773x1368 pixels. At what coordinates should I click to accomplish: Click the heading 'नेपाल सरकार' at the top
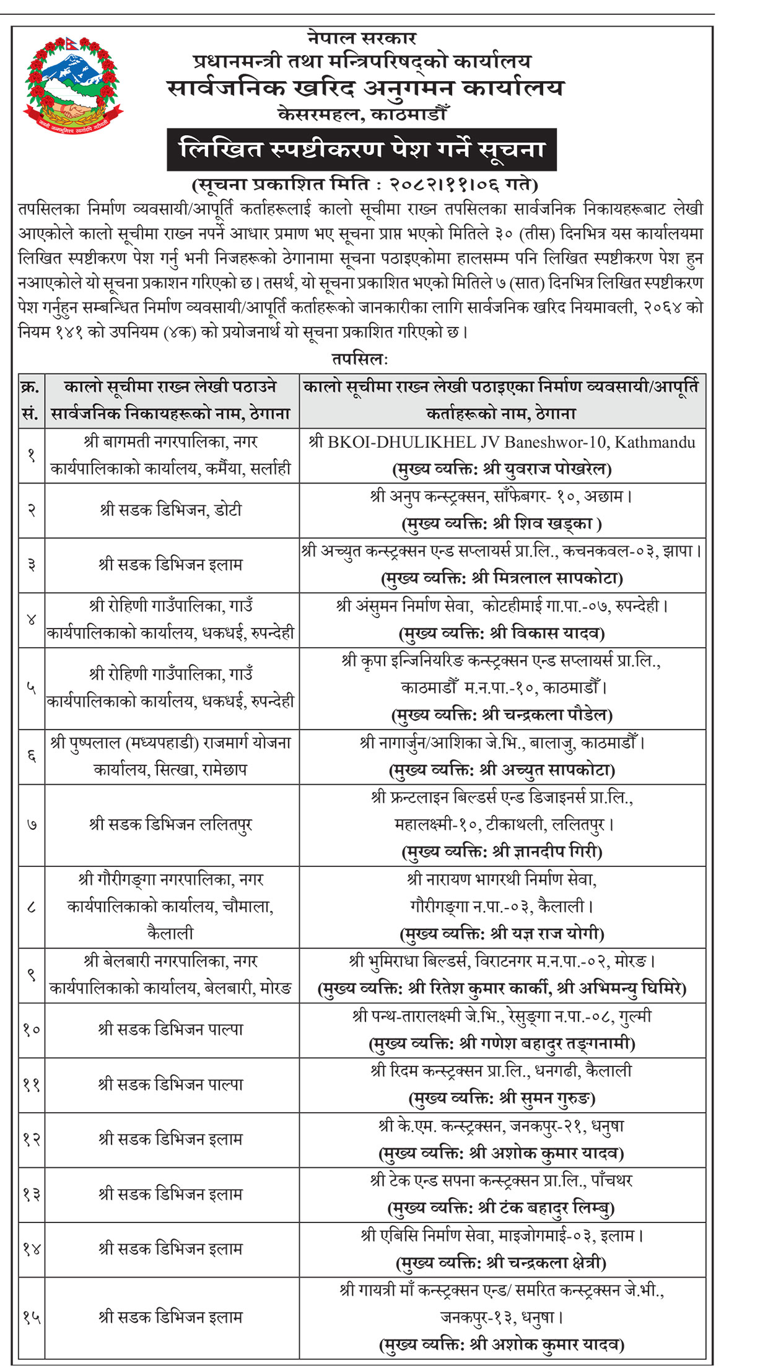pos(362,38)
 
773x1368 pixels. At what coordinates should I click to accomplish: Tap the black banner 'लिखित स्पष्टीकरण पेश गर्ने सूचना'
pos(362,150)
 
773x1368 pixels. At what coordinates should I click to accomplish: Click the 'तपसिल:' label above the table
pos(360,359)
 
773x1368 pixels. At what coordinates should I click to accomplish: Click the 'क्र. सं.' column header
pos(31,401)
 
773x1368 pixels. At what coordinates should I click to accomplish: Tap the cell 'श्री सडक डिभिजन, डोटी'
pos(171,510)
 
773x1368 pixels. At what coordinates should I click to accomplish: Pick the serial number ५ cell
pos(32,688)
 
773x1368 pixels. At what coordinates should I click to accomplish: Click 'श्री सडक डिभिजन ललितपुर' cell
pos(171,825)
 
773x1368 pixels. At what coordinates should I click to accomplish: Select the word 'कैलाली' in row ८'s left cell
pos(170,933)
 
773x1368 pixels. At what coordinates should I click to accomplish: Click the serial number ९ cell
pos(32,975)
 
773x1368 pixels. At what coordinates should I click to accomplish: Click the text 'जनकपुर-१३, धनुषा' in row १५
pos(502,1317)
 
